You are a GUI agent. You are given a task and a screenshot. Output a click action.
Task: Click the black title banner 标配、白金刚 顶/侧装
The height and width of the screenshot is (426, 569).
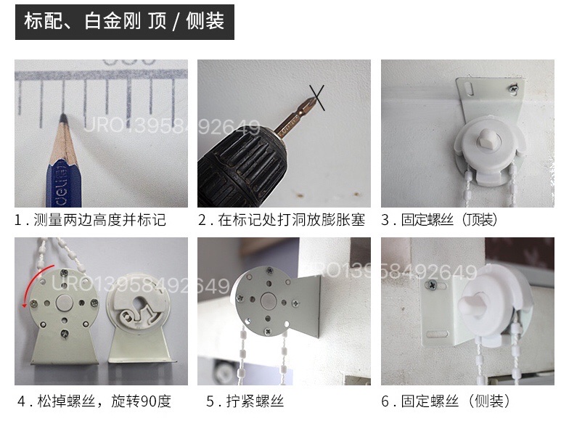(x=124, y=21)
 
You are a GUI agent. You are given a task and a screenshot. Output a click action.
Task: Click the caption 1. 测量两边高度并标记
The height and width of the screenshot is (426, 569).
(x=91, y=220)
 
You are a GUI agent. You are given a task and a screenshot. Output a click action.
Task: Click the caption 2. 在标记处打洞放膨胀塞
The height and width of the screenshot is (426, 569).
(x=281, y=220)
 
